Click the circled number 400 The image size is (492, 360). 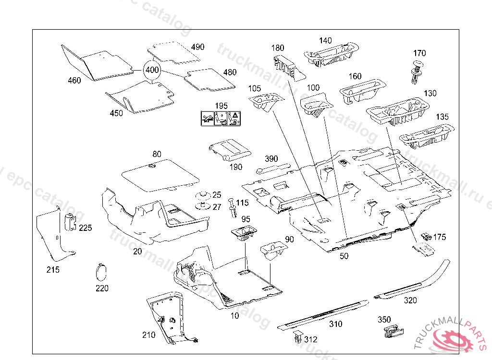(x=152, y=70)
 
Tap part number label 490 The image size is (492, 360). (x=197, y=47)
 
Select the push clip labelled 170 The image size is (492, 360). (x=418, y=71)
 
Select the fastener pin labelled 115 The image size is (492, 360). (x=233, y=208)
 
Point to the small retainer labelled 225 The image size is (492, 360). (x=71, y=222)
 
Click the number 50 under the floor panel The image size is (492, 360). (x=344, y=256)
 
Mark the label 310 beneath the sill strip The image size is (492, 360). (x=335, y=324)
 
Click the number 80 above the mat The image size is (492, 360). (x=157, y=155)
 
